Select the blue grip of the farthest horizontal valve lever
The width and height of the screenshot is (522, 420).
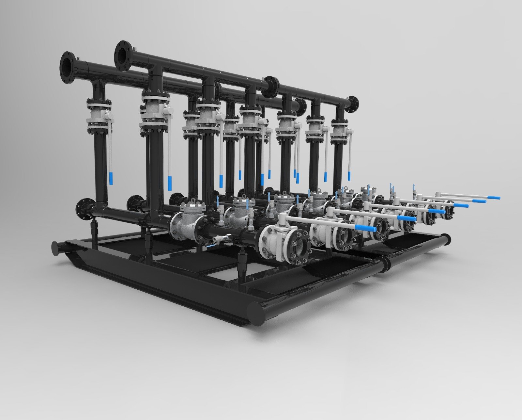[x=493, y=198]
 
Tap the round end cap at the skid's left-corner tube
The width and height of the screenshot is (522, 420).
[x=54, y=248]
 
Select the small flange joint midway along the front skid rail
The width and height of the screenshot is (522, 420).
[x=386, y=262]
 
